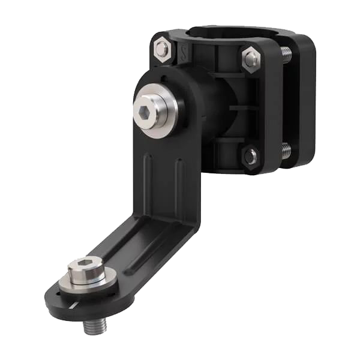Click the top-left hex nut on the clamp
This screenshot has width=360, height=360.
161,49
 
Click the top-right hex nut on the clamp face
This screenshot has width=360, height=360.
251,59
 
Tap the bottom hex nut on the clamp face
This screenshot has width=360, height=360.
250,157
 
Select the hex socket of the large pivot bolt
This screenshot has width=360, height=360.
146,112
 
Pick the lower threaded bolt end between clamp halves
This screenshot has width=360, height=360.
286,150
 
